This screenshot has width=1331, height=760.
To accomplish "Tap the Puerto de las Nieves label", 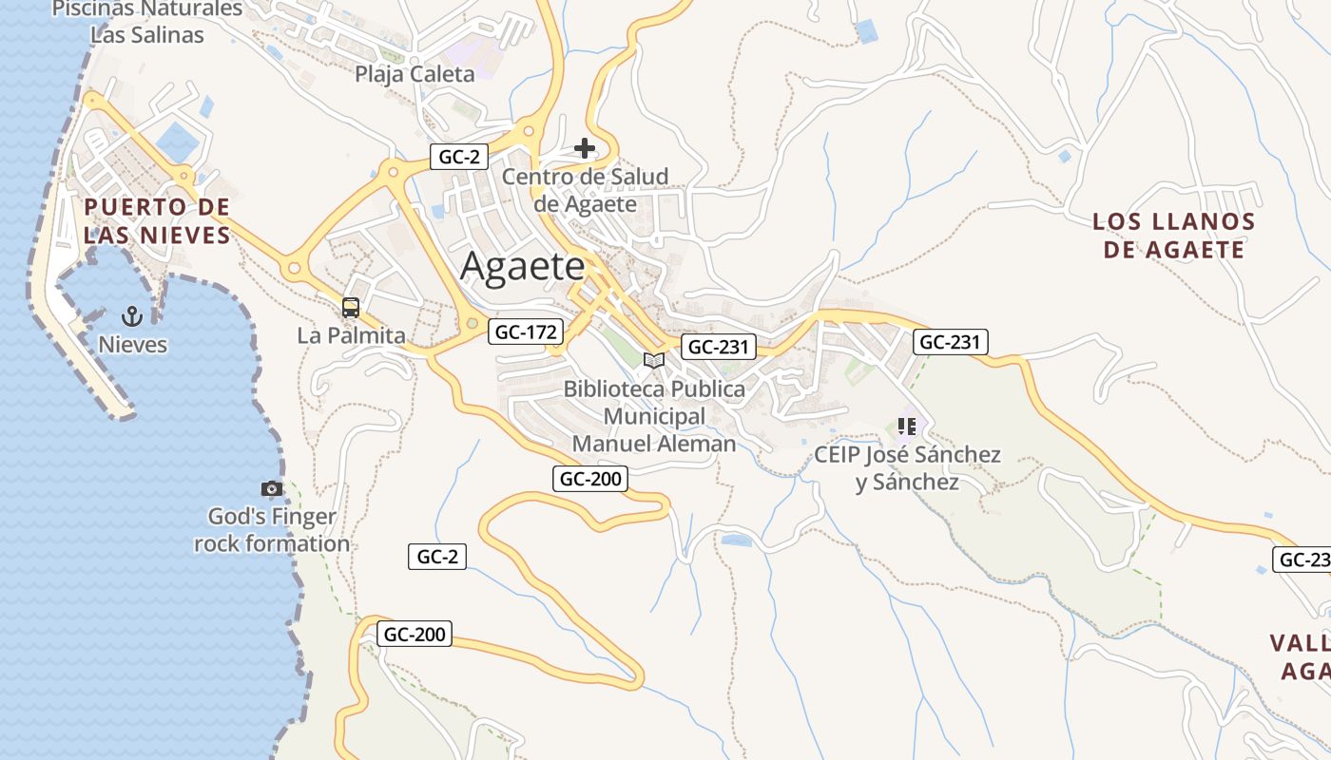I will click(157, 221).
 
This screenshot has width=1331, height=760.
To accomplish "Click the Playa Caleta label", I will click(415, 74).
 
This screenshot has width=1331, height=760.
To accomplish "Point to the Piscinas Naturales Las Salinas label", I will click(147, 22).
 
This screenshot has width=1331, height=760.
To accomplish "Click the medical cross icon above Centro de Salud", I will click(585, 148).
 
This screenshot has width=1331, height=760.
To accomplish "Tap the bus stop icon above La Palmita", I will click(351, 308).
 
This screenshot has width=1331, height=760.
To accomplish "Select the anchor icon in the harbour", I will click(133, 316).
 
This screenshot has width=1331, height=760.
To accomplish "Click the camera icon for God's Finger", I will click(272, 488).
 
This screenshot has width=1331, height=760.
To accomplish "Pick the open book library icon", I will click(653, 360).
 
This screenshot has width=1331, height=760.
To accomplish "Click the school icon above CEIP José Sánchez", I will click(906, 427).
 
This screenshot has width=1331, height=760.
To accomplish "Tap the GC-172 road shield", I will click(526, 332).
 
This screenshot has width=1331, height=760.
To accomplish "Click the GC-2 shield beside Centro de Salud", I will click(459, 157).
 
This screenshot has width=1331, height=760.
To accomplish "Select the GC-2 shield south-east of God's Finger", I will click(437, 557).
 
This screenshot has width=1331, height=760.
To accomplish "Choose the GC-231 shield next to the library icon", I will click(719, 347).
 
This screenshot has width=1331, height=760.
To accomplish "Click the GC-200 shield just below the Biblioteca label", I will click(590, 479).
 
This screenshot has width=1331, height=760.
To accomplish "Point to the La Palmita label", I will click(351, 335).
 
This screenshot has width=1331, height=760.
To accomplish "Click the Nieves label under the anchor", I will click(133, 345).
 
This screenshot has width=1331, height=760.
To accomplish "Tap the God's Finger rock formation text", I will click(272, 530).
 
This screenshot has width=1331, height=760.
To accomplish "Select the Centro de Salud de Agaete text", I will click(585, 190).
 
